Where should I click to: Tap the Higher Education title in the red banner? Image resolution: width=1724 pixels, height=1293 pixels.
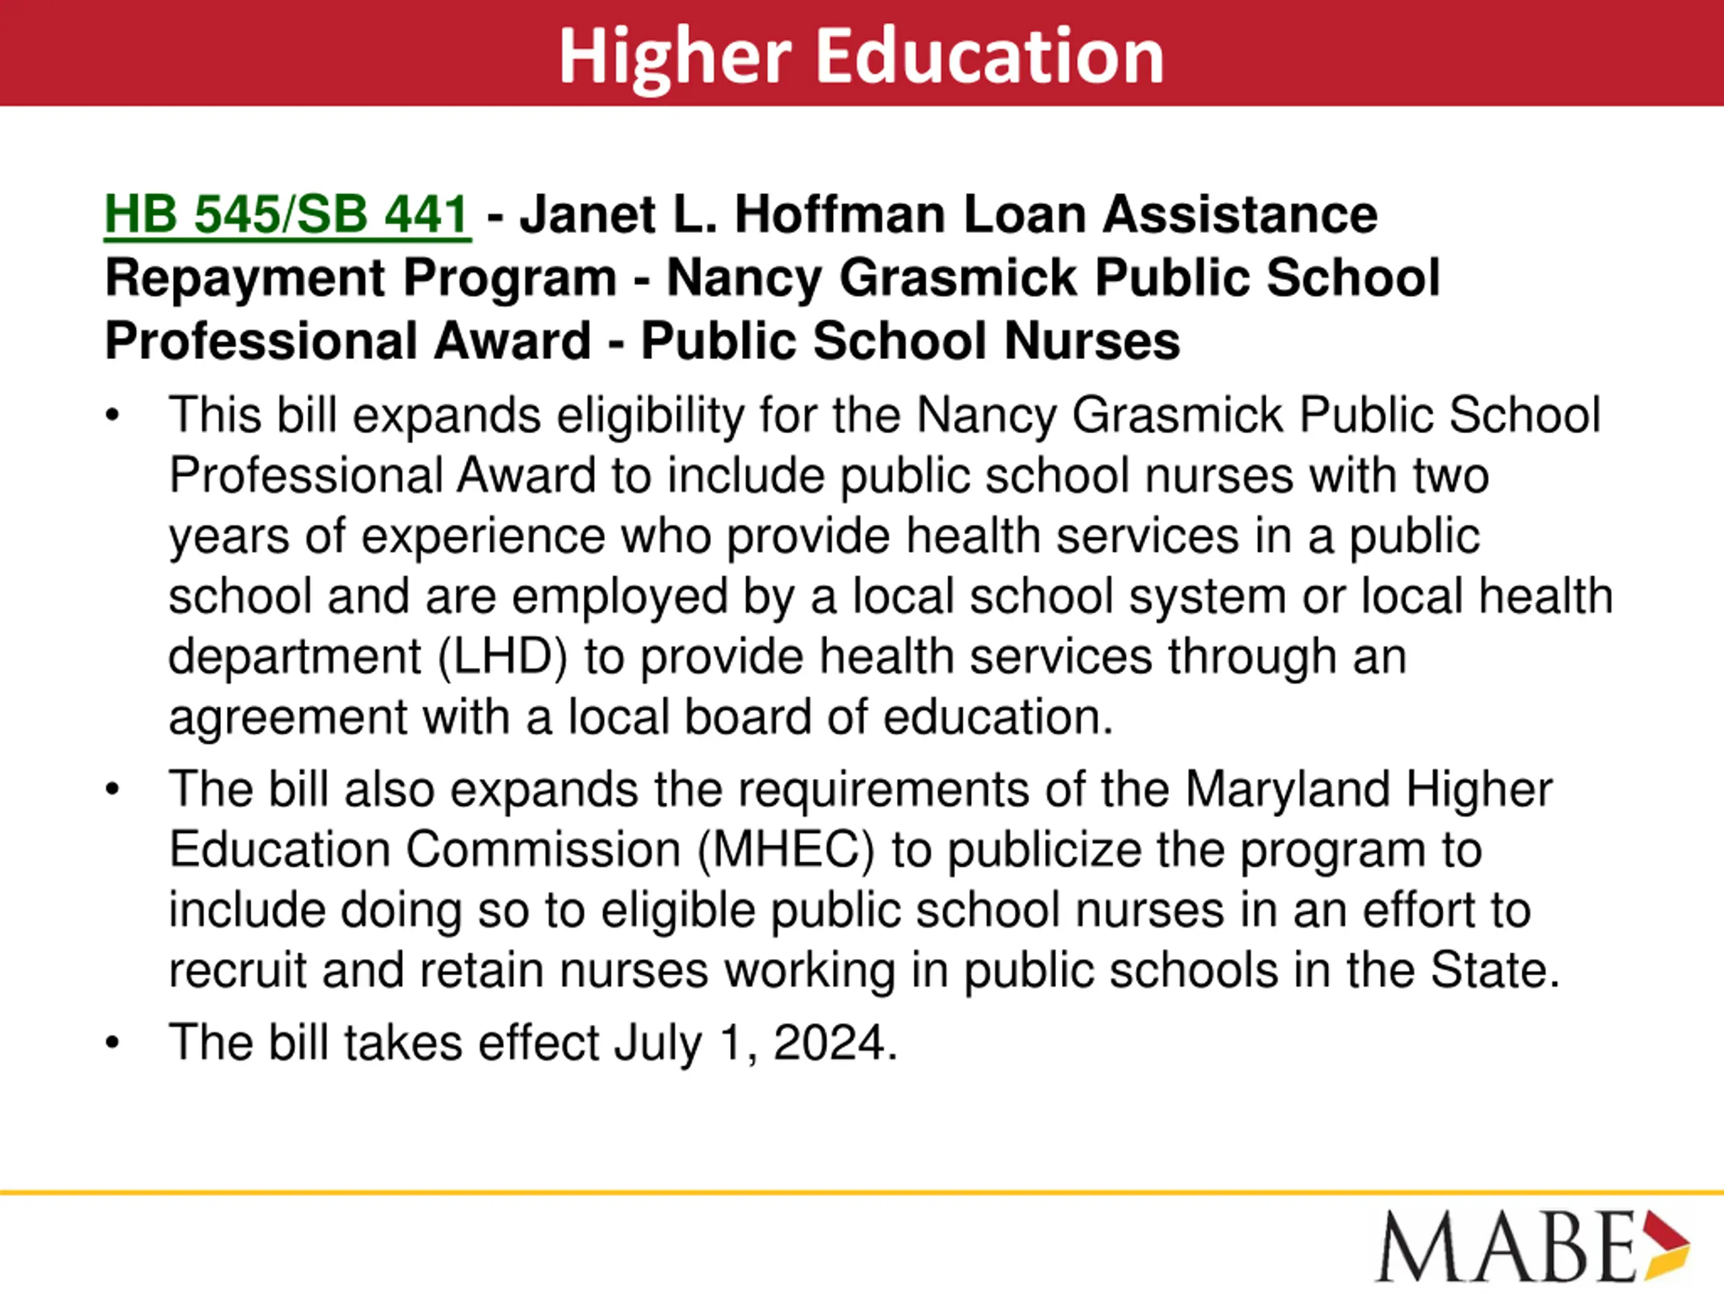click(861, 56)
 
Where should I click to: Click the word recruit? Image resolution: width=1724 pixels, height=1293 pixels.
click(238, 970)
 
